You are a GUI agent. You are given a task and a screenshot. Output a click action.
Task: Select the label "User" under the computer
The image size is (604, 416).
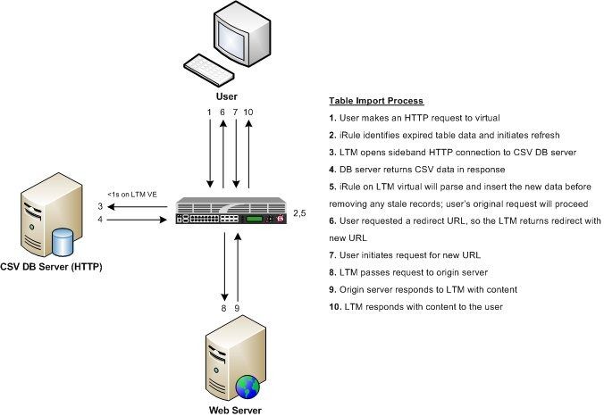pos(227,95)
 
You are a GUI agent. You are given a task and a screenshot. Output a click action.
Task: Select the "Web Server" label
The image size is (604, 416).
pos(227,410)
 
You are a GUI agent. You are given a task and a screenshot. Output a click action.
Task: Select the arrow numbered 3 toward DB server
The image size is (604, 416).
pos(143,207)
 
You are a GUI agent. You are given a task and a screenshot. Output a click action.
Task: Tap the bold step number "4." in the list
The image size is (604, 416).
pos(332,169)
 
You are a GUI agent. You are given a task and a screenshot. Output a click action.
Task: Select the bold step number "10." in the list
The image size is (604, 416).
pos(335,307)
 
